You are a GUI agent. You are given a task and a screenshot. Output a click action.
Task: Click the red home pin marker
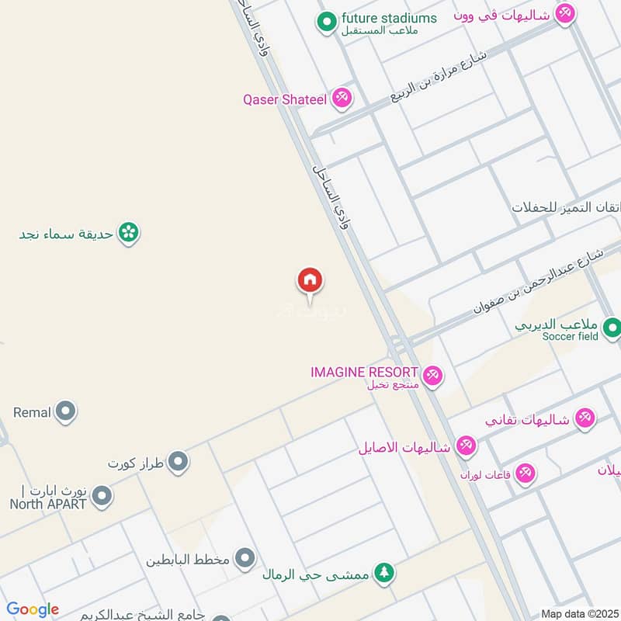[x=310, y=280]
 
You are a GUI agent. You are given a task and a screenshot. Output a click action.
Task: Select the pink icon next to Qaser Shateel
[x=341, y=99]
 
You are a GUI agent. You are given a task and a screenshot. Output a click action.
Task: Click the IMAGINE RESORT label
[x=364, y=373]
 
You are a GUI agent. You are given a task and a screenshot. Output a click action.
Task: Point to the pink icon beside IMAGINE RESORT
[x=433, y=376]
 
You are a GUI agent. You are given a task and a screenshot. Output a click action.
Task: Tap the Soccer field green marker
[x=612, y=328]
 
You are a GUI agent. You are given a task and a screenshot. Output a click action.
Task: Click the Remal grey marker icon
[x=66, y=412]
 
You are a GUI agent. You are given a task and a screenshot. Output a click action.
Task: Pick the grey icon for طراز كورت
[x=179, y=463]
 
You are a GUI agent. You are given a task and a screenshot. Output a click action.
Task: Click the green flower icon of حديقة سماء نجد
[x=129, y=233]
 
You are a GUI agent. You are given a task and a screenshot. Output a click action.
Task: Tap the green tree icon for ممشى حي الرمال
[x=383, y=574]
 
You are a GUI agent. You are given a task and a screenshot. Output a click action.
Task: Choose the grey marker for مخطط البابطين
[x=245, y=557]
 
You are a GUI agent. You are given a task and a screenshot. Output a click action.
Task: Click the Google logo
[x=33, y=609]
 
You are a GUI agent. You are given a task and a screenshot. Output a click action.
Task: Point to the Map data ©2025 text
[x=580, y=614]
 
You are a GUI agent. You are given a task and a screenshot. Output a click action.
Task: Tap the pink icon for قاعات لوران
[x=526, y=473]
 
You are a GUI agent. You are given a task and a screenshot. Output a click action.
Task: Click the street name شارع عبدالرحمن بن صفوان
[x=538, y=281]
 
